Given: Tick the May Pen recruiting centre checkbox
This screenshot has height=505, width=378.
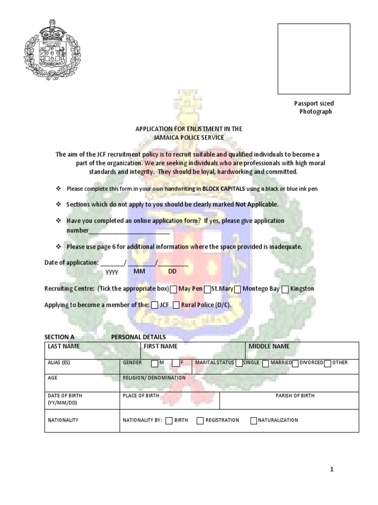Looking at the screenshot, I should (173, 289).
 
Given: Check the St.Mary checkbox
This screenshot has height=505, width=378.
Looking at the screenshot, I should (208, 289).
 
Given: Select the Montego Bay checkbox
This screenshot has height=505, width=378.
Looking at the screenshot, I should (238, 289).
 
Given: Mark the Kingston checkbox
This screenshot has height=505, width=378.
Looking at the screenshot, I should (285, 289).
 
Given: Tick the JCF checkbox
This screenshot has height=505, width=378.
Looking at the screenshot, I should (155, 305).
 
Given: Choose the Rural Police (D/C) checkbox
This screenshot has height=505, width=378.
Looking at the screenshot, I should (176, 305).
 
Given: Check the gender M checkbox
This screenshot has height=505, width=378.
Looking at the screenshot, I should (155, 364).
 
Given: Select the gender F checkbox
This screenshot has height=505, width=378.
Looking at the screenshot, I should (176, 364).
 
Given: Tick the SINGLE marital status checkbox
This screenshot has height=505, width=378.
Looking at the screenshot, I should (239, 363).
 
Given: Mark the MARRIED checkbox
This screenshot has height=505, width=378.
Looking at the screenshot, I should (266, 364).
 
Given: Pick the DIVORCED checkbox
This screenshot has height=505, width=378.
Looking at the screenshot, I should (295, 363).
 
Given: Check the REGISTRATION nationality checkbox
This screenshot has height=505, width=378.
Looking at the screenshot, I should (200, 421).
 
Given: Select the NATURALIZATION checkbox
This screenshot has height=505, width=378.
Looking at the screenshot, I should (253, 421).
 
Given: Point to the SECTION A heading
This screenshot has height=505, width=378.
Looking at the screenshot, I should (59, 337).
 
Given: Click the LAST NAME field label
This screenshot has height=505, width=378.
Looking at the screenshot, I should (63, 347).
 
